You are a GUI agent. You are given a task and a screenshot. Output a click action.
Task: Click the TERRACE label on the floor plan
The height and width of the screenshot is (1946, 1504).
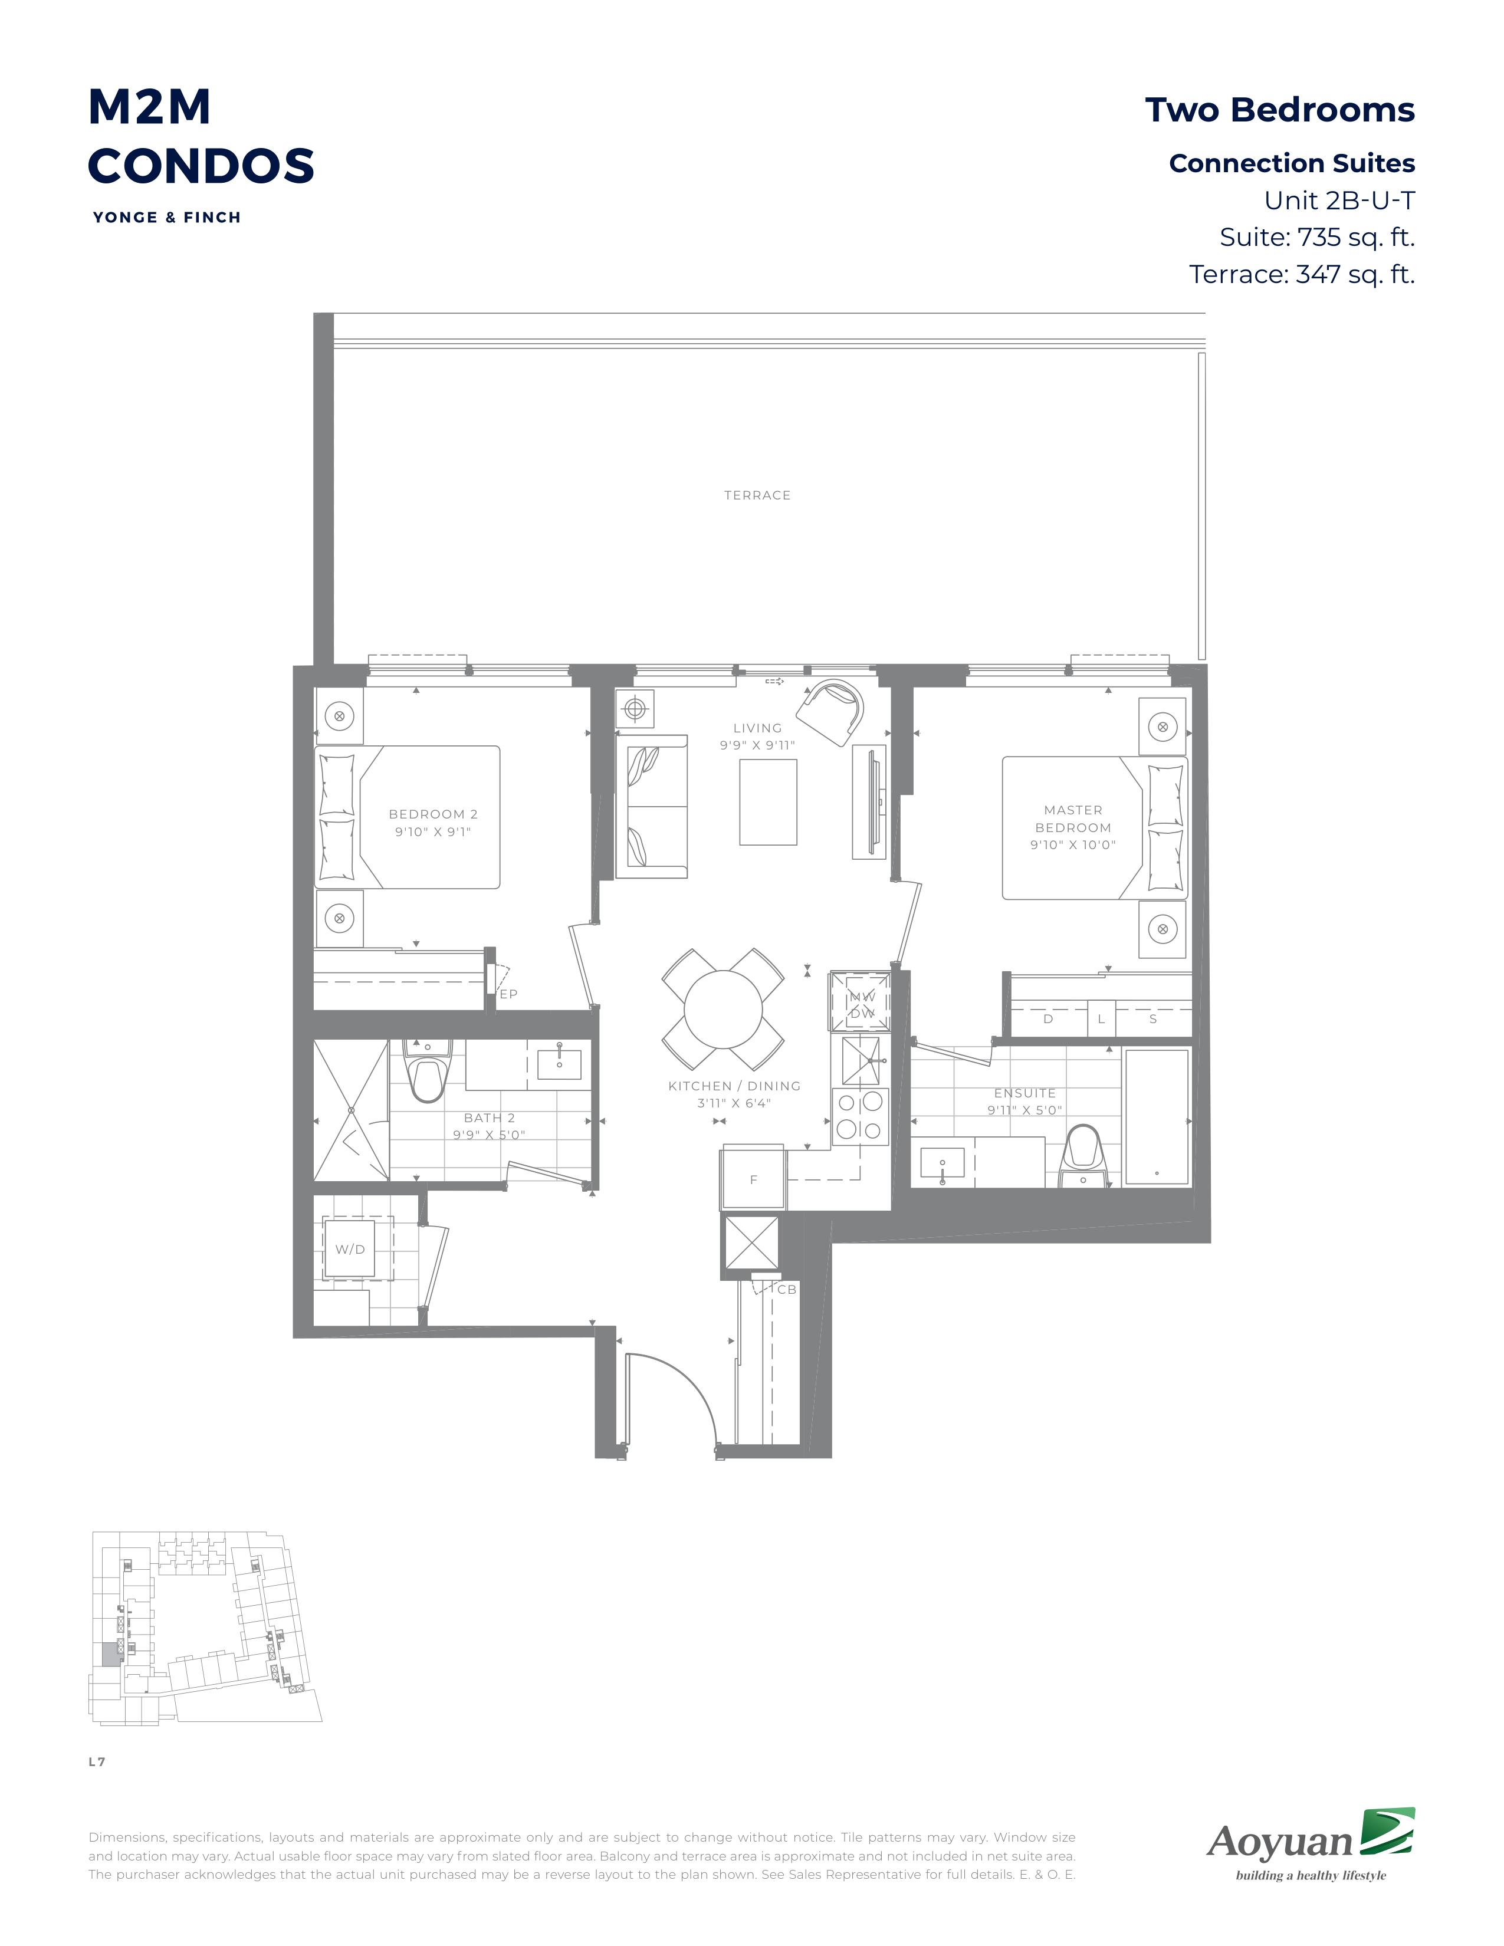(x=757, y=495)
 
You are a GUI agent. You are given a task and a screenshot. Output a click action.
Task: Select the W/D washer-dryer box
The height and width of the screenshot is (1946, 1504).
(x=350, y=1249)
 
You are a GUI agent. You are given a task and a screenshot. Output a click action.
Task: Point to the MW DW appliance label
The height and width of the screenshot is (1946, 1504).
(x=862, y=1005)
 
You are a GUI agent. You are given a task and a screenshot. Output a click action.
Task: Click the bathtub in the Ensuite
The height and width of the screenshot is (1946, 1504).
(x=1157, y=1117)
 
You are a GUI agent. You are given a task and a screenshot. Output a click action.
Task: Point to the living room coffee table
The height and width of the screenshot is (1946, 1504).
(x=768, y=802)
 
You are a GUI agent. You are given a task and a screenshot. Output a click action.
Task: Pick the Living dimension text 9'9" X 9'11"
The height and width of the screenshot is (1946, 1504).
(x=757, y=745)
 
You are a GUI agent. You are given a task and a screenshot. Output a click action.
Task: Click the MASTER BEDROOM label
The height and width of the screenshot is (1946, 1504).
(x=1073, y=819)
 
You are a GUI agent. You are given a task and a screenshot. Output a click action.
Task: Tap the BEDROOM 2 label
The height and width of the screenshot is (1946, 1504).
(x=433, y=814)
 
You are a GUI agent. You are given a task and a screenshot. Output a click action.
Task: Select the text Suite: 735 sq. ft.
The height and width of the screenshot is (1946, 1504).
(x=1317, y=237)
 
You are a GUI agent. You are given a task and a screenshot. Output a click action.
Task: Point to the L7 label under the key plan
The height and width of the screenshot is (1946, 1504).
(x=97, y=1761)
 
